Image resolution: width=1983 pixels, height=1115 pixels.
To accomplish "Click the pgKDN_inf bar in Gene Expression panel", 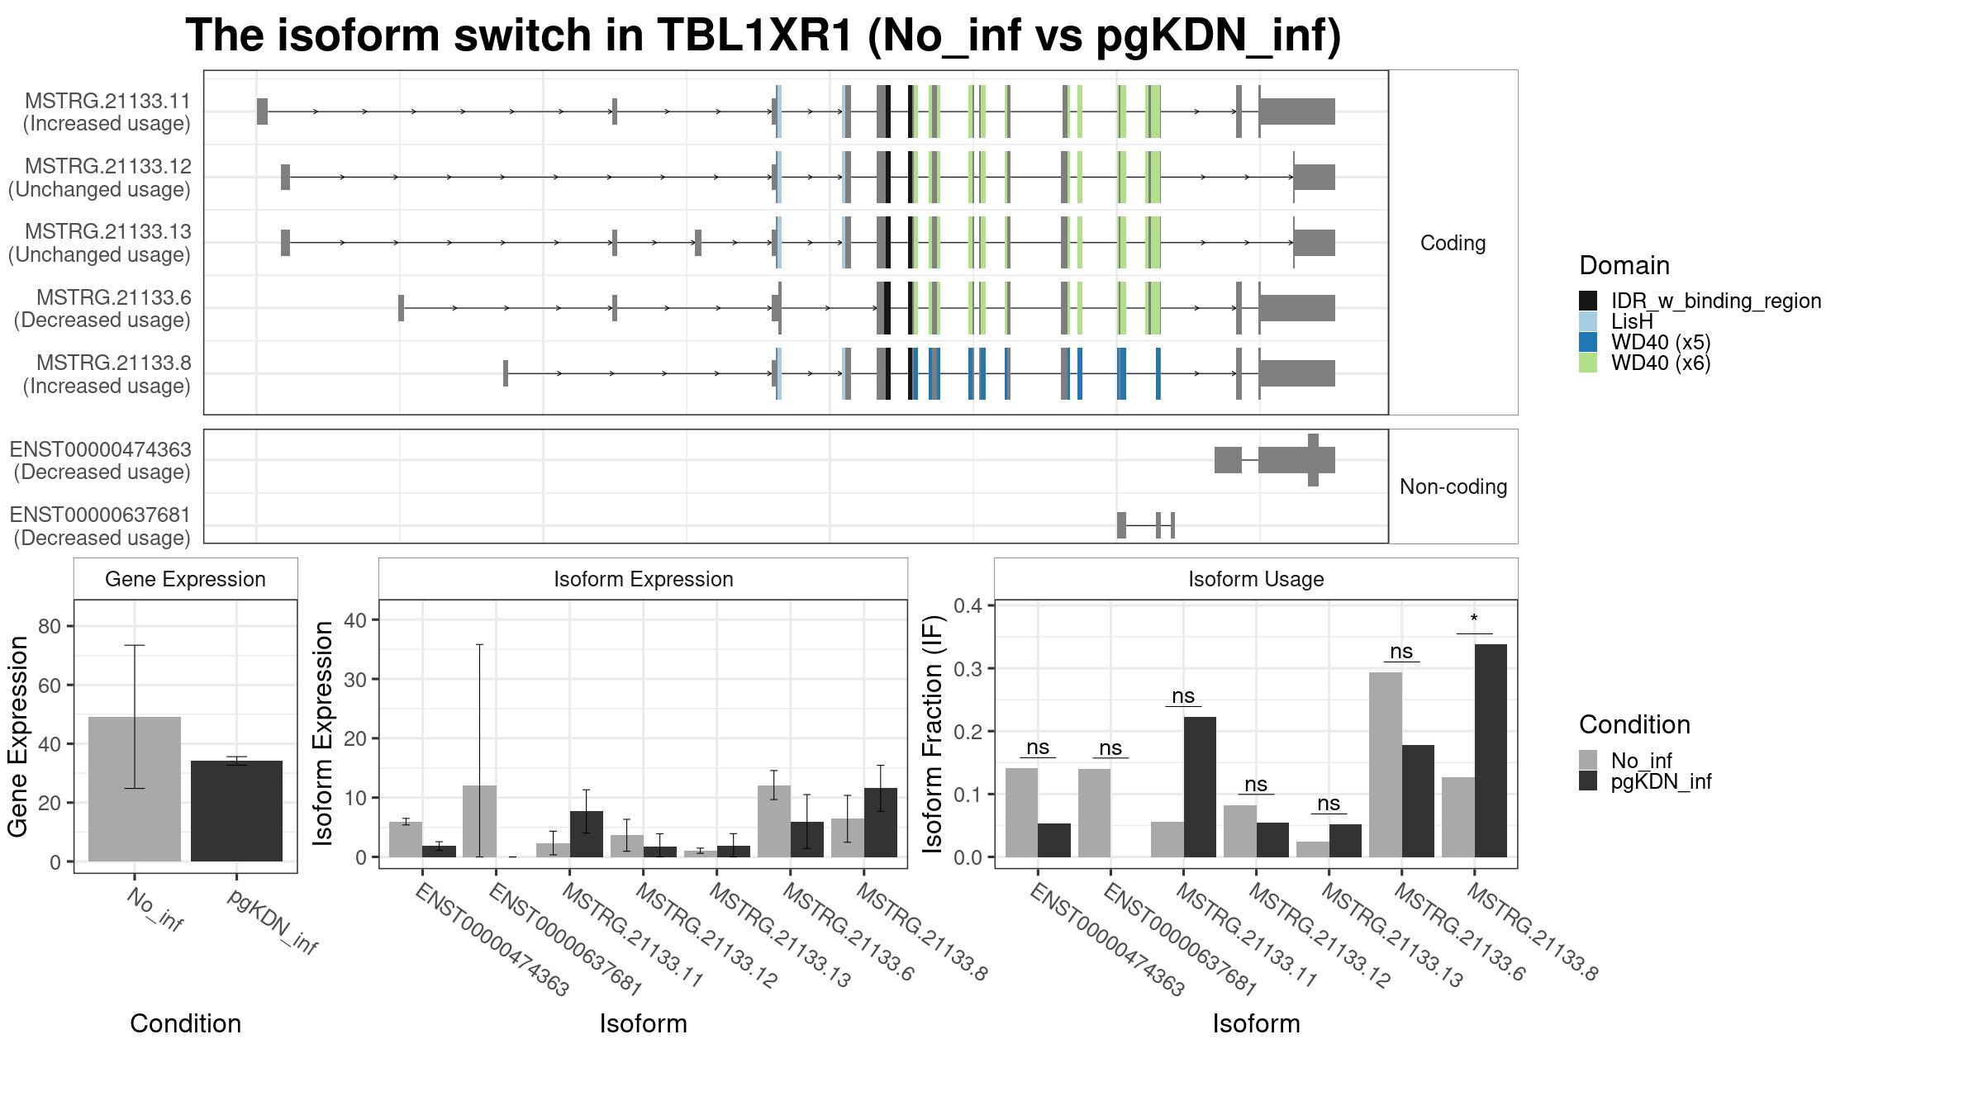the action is [236, 811].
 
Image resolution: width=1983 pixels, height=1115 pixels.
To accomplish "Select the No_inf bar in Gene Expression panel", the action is [135, 790].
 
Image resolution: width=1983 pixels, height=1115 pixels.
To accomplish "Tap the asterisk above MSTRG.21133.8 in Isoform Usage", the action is [1474, 619].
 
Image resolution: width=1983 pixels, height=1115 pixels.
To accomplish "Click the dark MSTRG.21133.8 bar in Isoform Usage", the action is [1491, 751].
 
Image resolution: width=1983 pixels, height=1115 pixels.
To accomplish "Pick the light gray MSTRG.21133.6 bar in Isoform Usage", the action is [1386, 765].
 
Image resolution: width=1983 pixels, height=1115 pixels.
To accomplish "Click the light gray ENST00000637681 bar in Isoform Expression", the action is [479, 821].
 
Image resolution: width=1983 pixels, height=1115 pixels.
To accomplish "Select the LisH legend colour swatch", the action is [1588, 321].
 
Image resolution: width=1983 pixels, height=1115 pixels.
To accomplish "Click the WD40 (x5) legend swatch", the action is [1588, 342].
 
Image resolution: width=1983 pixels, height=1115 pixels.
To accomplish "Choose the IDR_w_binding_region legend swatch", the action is [1588, 301].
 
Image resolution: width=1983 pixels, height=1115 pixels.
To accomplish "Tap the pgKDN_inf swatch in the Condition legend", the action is [1588, 781].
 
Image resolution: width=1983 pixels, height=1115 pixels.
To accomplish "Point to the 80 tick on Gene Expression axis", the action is [50, 626].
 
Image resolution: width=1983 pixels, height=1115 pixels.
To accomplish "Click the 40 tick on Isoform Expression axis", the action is [355, 620].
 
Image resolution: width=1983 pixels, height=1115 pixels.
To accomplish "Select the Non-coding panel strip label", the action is [1453, 486].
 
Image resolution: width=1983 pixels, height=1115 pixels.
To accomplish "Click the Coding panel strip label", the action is [1453, 243].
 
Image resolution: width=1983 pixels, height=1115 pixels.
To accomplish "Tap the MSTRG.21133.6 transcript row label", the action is [113, 297].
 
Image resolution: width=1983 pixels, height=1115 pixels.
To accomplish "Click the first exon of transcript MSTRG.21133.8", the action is [506, 373].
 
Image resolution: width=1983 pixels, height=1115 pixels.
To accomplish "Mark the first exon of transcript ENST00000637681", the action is [1121, 525].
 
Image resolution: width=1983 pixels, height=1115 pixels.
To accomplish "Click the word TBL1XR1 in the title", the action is [755, 36].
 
